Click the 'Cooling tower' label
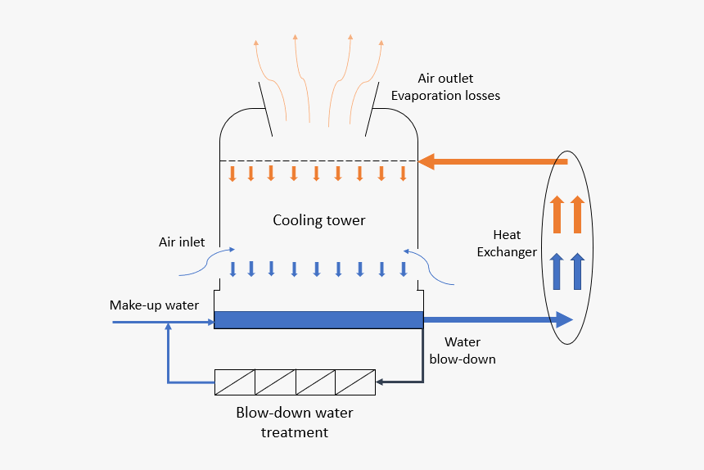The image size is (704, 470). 318,220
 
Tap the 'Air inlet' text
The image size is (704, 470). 182,242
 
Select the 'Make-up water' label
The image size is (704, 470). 154,305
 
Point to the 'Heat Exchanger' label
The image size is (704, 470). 507,244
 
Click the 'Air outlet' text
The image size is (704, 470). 445,79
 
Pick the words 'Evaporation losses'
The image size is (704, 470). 445,96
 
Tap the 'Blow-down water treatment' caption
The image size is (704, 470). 295,422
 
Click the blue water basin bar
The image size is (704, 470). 318,320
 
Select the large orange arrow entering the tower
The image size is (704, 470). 491,161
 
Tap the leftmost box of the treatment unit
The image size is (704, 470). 235,382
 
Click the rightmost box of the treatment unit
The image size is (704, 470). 355,382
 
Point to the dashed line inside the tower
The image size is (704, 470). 318,160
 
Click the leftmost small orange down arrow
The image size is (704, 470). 232,173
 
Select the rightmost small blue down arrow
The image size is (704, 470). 404,269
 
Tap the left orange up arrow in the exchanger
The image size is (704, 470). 557,215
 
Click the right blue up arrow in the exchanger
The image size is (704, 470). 578,271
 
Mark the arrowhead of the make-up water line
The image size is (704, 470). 208,322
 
